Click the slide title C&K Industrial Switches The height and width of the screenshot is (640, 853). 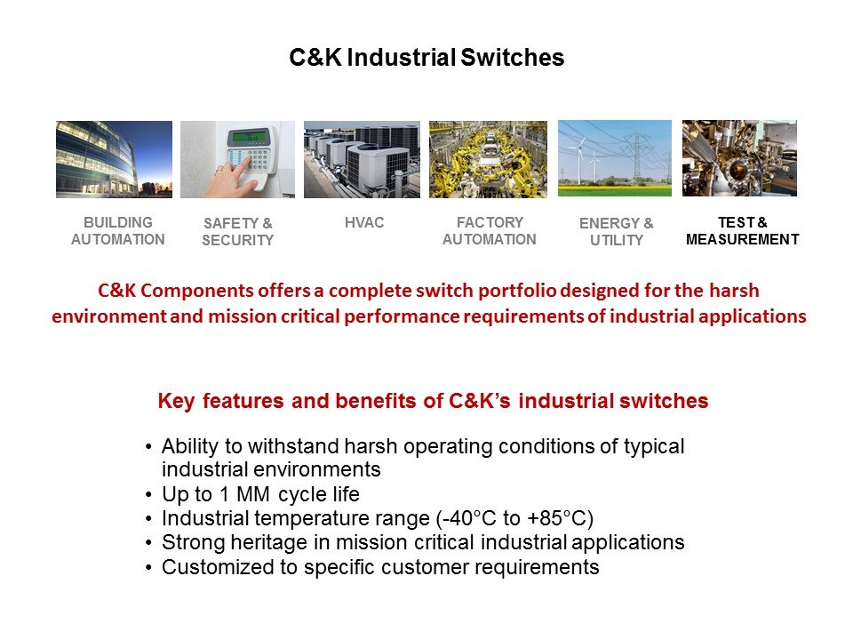pyautogui.click(x=426, y=57)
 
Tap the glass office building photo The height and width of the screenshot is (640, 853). pyautogui.click(x=115, y=159)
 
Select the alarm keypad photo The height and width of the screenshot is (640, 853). pyautogui.click(x=238, y=159)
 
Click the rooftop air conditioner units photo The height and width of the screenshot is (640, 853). pyautogui.click(x=362, y=159)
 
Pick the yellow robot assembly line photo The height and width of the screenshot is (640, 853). pyautogui.click(x=488, y=159)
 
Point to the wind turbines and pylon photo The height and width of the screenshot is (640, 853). pyautogui.click(x=615, y=158)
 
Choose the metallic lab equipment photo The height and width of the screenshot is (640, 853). pyautogui.click(x=740, y=158)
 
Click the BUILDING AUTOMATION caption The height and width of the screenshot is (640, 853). pyautogui.click(x=118, y=231)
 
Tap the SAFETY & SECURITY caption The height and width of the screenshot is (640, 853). pyautogui.click(x=238, y=231)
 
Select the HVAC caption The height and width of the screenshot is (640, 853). pyautogui.click(x=364, y=222)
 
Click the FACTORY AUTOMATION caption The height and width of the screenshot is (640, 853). pyautogui.click(x=489, y=231)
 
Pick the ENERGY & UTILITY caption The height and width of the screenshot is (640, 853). pyautogui.click(x=617, y=231)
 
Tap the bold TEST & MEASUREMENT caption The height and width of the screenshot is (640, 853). pyautogui.click(x=743, y=231)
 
